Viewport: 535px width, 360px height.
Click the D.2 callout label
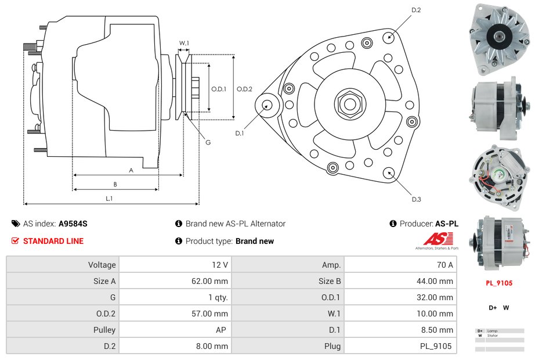[x=416, y=10]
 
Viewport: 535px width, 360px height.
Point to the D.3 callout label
[x=416, y=199]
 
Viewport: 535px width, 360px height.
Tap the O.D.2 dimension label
[x=244, y=89]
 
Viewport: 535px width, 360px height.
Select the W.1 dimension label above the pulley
[x=184, y=44]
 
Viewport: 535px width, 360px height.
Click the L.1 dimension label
[x=109, y=199]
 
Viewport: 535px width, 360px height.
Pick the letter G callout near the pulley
[x=208, y=143]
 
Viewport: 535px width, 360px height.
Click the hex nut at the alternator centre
[x=350, y=104]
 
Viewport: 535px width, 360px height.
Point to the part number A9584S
[x=73, y=224]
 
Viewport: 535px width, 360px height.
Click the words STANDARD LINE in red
[x=53, y=241]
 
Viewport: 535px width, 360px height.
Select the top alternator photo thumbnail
[x=499, y=39]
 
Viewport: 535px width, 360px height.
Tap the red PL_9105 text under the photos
[x=499, y=283]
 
